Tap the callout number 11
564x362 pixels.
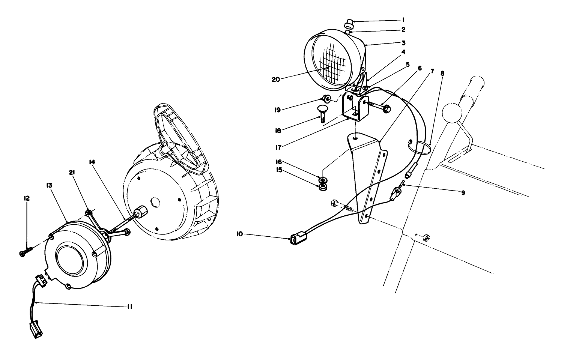tap(129, 306)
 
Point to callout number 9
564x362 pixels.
tap(463, 193)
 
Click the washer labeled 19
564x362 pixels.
tap(326, 99)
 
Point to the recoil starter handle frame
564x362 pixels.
tap(180, 139)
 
